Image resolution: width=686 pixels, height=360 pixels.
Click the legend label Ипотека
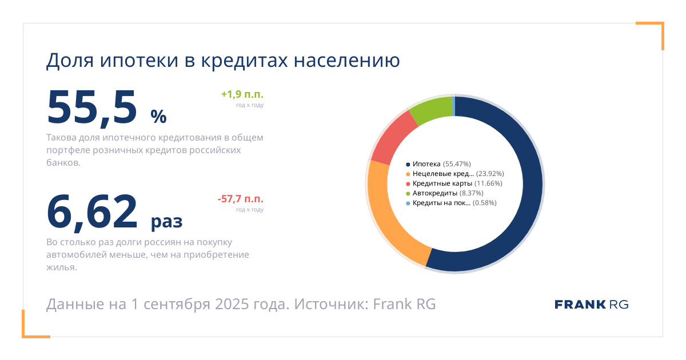point(426,164)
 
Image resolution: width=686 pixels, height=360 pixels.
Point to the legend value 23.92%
point(490,174)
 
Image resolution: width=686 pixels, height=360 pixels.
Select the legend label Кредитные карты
point(442,183)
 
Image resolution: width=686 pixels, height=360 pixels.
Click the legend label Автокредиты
point(434,193)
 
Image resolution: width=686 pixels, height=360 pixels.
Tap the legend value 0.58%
point(485,203)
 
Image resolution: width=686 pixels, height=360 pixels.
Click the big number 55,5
point(91,108)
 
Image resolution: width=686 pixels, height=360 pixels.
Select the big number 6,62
point(91,212)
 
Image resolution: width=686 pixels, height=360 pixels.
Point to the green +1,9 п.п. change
point(242,94)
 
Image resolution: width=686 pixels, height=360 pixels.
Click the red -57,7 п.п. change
point(241,199)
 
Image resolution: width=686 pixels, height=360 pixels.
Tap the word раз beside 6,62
point(166,221)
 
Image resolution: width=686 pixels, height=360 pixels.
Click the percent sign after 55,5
point(158,117)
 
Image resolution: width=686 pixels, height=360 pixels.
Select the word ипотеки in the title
point(139,61)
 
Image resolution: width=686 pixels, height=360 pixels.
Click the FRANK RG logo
point(591,305)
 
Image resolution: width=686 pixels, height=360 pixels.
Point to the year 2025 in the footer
point(232,304)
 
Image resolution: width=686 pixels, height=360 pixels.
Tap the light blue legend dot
point(408,203)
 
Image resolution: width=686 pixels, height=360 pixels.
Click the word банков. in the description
point(63,163)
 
